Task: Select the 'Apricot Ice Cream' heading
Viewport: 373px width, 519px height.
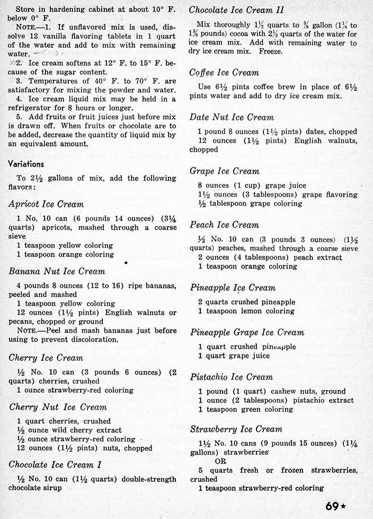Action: point(46,204)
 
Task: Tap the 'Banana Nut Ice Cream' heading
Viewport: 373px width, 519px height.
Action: point(57,271)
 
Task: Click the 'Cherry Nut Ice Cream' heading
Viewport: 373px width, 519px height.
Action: point(58,407)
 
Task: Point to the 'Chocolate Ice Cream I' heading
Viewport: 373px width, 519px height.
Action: point(56,464)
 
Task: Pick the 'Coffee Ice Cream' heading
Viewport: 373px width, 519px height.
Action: point(224,72)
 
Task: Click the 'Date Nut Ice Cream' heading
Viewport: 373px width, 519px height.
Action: point(232,117)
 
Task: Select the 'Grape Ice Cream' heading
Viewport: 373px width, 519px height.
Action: point(225,171)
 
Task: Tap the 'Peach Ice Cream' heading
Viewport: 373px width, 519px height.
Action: point(225,224)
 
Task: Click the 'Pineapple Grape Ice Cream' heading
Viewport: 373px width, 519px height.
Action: point(247,332)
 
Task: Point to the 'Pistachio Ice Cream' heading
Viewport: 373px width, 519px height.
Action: point(231,377)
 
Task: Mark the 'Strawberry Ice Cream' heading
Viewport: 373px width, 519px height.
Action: point(236,429)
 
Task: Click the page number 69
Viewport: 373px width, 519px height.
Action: point(332,506)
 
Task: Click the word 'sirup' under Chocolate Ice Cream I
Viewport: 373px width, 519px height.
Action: point(51,488)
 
